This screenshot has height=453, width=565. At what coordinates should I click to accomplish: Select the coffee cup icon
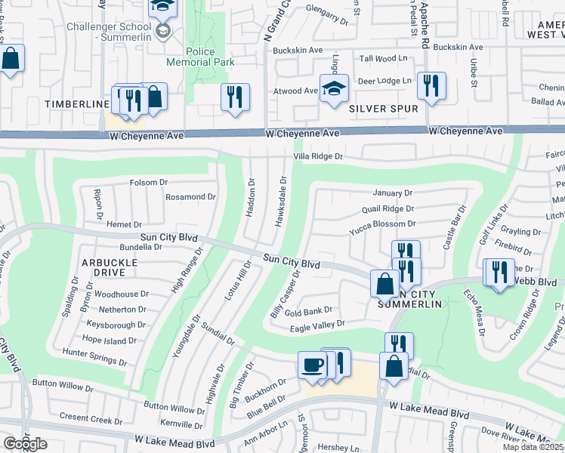pos(313,366)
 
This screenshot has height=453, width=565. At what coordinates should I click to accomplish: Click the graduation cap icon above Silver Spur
pos(333,88)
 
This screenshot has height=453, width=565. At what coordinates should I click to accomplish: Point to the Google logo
pos(24,444)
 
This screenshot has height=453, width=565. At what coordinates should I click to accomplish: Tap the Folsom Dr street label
pos(149,182)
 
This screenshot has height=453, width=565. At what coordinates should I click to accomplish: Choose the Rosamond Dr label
pos(190,197)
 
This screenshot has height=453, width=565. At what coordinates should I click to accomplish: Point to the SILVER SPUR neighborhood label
pos(384,109)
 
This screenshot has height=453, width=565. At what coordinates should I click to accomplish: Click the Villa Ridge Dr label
pos(318,157)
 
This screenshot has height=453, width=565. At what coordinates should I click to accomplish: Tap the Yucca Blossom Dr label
pos(382,224)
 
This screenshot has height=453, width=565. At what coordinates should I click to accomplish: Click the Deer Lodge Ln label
pos(384,81)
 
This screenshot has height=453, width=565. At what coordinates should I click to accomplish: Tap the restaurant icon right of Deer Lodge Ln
pos(431,85)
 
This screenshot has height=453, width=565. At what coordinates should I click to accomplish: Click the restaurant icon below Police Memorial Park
pos(235,97)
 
